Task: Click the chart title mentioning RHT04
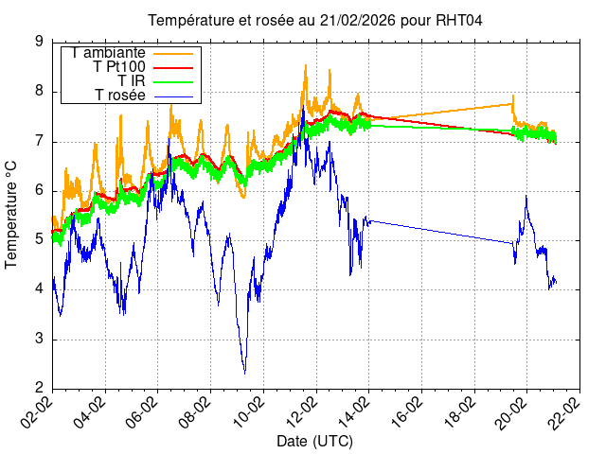pyautogui.click(x=315, y=21)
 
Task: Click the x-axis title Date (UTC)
pyautogui.click(x=314, y=442)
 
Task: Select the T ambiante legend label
pyautogui.click(x=108, y=53)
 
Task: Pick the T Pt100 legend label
pyautogui.click(x=119, y=67)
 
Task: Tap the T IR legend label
pyautogui.click(x=131, y=81)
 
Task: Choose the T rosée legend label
pyautogui.click(x=120, y=96)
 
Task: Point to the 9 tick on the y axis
pyautogui.click(x=39, y=42)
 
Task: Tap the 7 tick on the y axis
pyautogui.click(x=39, y=141)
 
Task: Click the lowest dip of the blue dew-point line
pyautogui.click(x=244, y=373)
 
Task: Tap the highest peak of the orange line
pyautogui.click(x=305, y=64)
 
